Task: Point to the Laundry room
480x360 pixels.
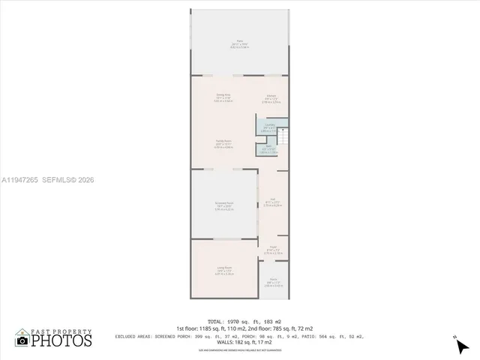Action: [x=270, y=127]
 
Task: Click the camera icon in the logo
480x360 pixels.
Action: [x=22, y=341]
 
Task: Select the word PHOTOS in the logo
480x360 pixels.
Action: [x=61, y=341]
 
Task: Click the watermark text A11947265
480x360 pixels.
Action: [x=20, y=180]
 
